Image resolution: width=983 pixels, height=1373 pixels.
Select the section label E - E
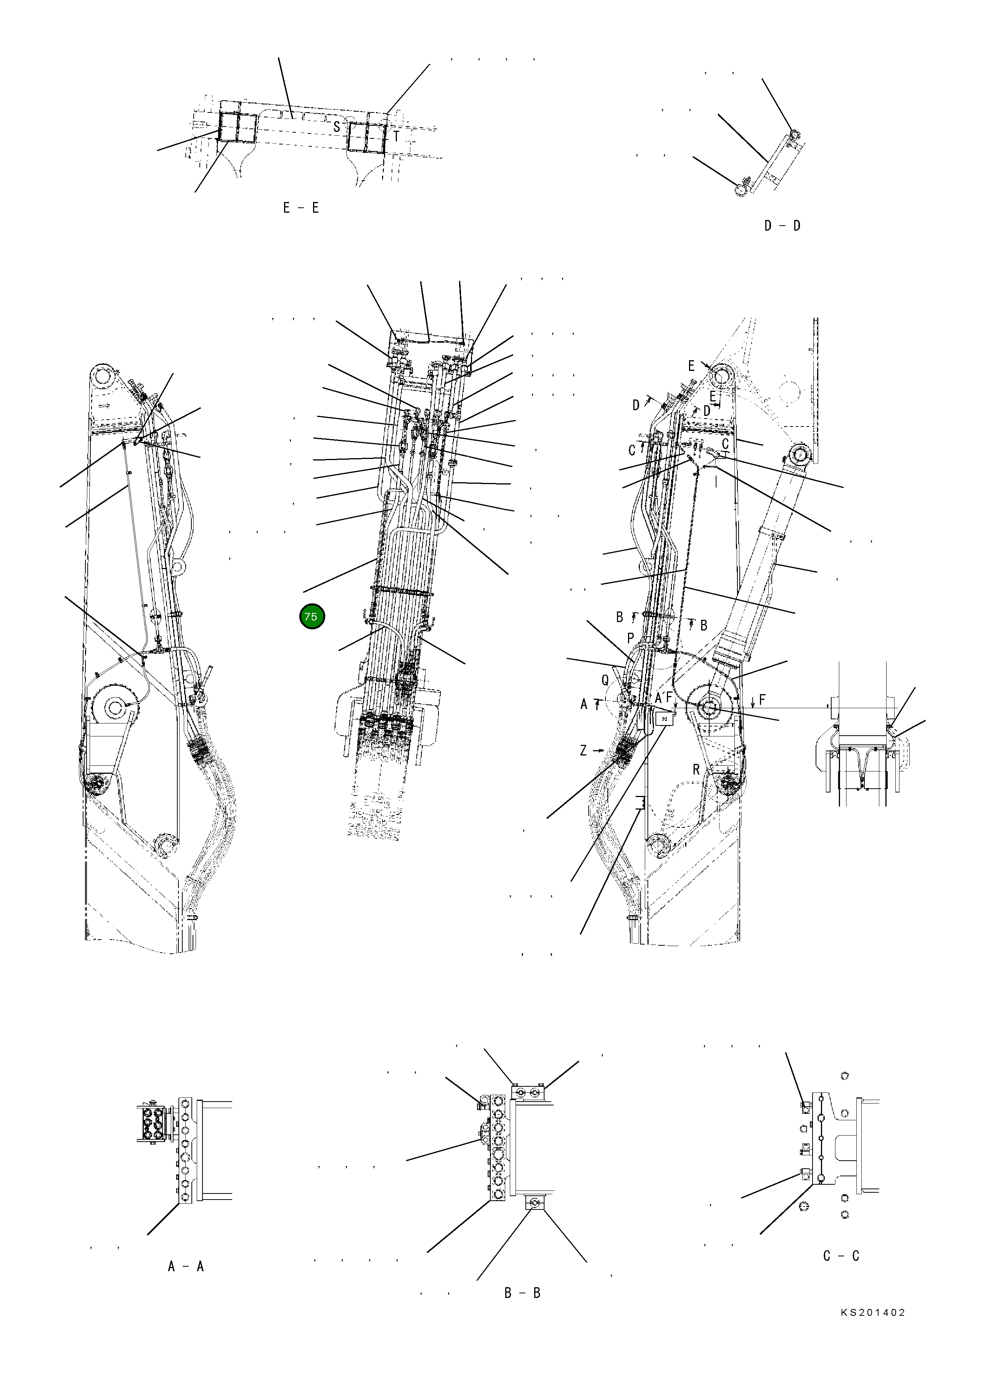301,208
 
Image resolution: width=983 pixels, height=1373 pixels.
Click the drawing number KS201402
873,1330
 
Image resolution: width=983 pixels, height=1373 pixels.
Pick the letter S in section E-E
337,127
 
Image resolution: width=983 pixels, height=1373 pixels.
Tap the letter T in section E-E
397,137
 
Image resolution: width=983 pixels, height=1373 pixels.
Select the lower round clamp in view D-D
740,190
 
